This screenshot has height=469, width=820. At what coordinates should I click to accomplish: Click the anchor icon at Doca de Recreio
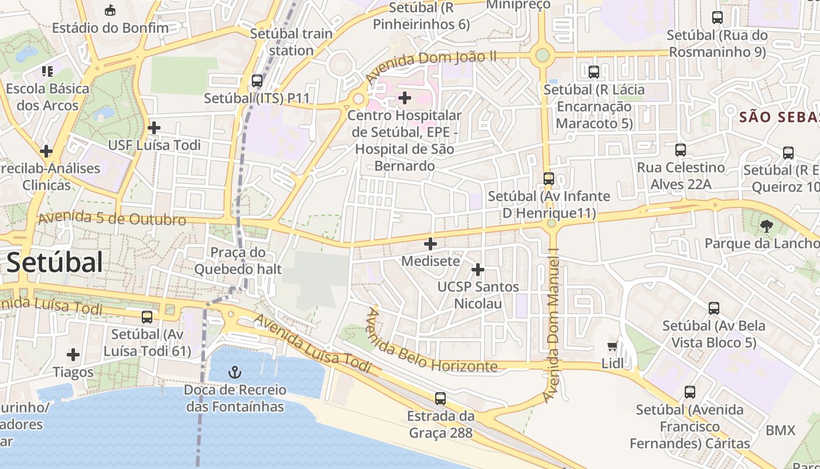(x=235, y=372)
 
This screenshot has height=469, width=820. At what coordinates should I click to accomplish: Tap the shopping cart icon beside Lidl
(x=613, y=346)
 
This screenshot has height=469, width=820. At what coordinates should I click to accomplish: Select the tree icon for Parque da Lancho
(x=766, y=226)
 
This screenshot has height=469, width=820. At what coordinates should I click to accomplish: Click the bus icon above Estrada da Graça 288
(x=440, y=399)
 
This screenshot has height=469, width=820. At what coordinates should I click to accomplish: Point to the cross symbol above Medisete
(x=430, y=243)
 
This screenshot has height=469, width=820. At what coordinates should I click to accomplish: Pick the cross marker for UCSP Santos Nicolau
(x=478, y=270)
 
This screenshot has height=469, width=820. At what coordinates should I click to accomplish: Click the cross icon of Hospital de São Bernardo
(x=404, y=97)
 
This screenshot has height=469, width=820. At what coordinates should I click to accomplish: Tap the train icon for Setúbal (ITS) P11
(x=257, y=81)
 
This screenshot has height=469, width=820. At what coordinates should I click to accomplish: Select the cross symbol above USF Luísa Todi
(x=154, y=127)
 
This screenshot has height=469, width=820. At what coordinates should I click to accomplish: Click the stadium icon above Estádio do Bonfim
(x=110, y=10)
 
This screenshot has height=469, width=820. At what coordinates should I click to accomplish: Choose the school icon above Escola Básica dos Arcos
(x=47, y=72)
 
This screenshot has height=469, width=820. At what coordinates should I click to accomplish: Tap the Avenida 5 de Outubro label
(x=112, y=219)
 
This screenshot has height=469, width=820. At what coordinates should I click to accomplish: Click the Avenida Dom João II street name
(x=431, y=66)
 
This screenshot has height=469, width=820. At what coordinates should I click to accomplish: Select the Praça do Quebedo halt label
(x=238, y=261)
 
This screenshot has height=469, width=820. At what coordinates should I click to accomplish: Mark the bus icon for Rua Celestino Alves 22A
(x=680, y=150)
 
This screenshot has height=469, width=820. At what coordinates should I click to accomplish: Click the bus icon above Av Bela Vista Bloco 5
(x=713, y=308)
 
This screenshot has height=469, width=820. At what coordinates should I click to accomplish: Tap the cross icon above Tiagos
(x=73, y=355)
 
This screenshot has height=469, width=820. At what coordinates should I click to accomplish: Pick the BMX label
(x=780, y=431)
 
